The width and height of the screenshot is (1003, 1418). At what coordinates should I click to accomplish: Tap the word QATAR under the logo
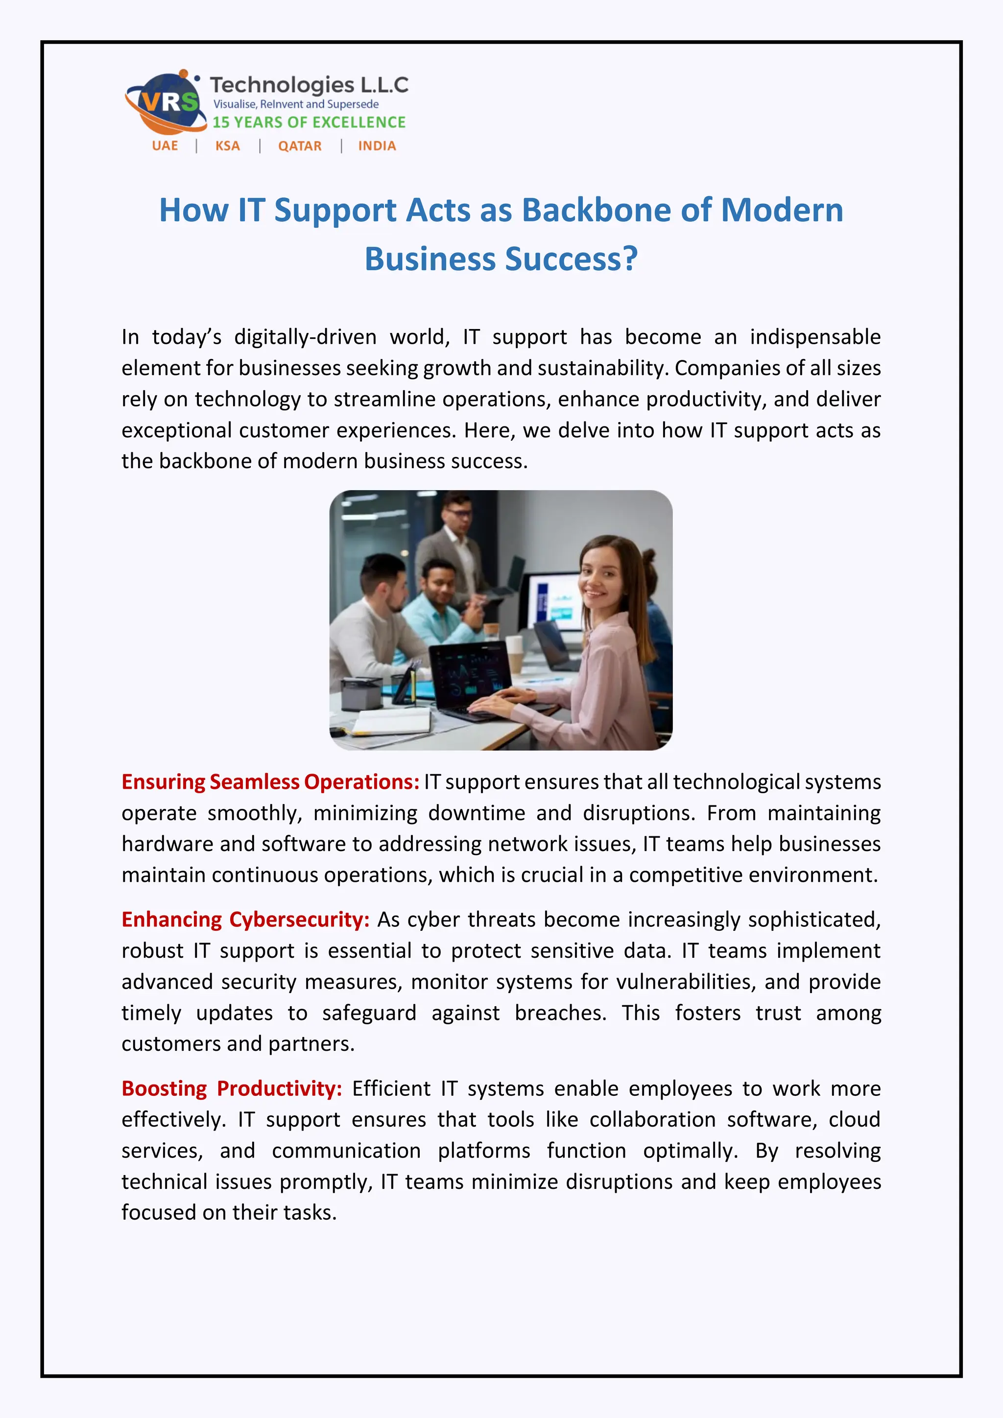coord(300,146)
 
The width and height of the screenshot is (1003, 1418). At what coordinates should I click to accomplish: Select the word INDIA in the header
coord(377,146)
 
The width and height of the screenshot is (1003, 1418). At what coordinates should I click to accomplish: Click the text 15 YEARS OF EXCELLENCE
coord(309,122)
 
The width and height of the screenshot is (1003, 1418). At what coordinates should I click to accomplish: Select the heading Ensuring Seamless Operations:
coord(270,782)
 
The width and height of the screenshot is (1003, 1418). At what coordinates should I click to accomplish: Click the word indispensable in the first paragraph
coord(815,337)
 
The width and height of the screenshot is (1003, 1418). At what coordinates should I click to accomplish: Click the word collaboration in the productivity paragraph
coord(652,1120)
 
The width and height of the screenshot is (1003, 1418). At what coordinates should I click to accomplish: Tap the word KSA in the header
coord(227,146)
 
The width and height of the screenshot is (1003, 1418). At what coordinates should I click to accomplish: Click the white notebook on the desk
coord(392,721)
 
